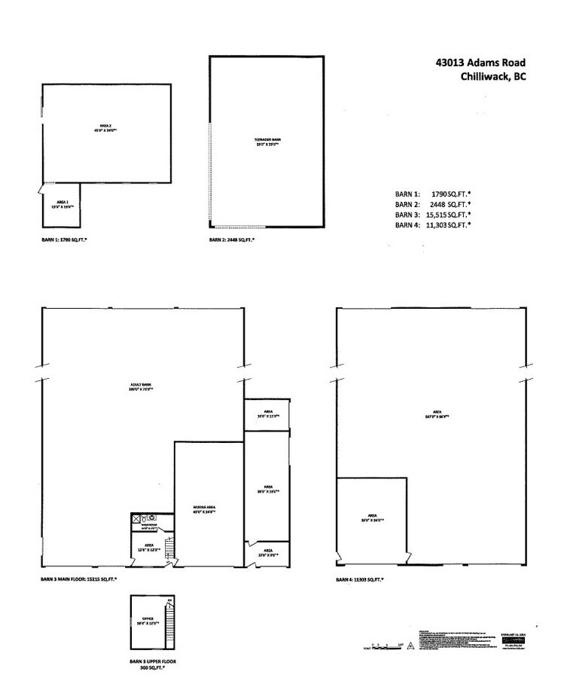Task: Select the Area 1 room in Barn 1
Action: pyautogui.click(x=60, y=205)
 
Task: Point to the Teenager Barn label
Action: pyautogui.click(x=267, y=141)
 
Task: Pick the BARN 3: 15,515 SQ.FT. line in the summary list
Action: pyautogui.click(x=433, y=215)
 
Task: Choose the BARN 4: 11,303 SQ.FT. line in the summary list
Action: pyautogui.click(x=433, y=224)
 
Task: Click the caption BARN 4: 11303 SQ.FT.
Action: pyautogui.click(x=360, y=580)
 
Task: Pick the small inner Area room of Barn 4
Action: pyautogui.click(x=372, y=521)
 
